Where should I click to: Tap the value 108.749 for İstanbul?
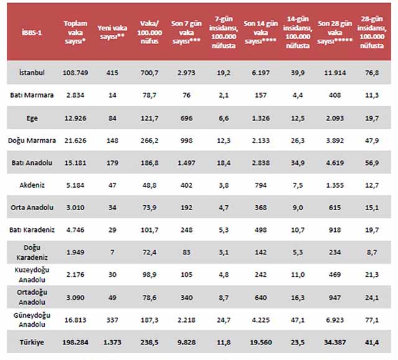tap(75, 73)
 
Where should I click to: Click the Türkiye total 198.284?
tap(75, 342)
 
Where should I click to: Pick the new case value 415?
tap(113, 73)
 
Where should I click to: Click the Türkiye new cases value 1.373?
tap(113, 342)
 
